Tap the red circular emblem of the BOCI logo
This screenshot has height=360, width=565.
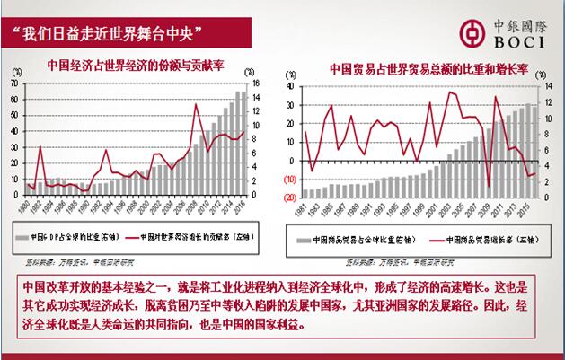[469, 32]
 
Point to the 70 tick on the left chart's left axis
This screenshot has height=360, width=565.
[14, 83]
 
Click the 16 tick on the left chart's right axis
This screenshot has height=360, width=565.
[256, 83]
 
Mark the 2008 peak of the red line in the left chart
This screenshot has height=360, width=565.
[197, 104]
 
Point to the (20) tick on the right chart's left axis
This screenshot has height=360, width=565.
[290, 198]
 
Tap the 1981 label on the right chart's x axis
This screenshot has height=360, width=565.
[305, 211]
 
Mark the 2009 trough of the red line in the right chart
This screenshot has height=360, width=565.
[489, 185]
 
